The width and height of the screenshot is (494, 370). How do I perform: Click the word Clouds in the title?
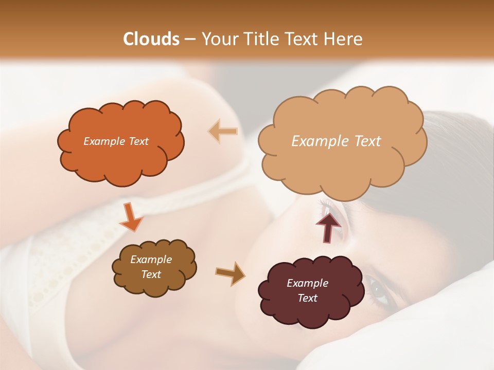(152, 39)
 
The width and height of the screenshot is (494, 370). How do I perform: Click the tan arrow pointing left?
(223, 132)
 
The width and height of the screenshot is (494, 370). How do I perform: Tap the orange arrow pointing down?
(131, 218)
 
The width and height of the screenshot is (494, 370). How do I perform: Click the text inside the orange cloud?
(116, 141)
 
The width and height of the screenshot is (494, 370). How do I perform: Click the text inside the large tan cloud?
(336, 141)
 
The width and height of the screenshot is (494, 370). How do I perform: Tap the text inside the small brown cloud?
(151, 267)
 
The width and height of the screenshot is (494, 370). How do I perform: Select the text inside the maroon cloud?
(307, 290)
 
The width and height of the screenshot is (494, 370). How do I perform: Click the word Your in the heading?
(216, 39)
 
